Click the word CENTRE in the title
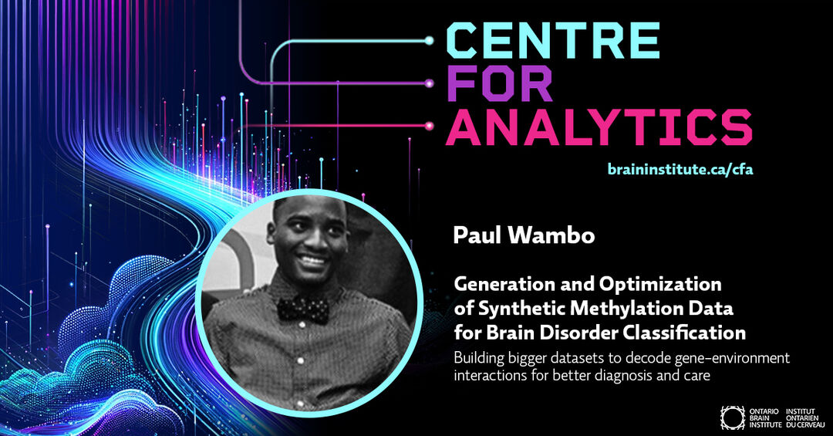pyautogui.click(x=553, y=40)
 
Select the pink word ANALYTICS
pyautogui.click(x=599, y=127)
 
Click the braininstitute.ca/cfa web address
pyautogui.click(x=680, y=170)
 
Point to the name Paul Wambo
pyautogui.click(x=524, y=235)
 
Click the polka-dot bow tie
pyautogui.click(x=303, y=309)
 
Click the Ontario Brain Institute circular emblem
pyautogui.click(x=733, y=418)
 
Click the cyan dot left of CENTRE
pyautogui.click(x=430, y=40)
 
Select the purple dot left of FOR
pyautogui.click(x=430, y=83)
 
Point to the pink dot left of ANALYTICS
pyautogui.click(x=430, y=126)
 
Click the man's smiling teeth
pyautogui.click(x=313, y=261)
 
